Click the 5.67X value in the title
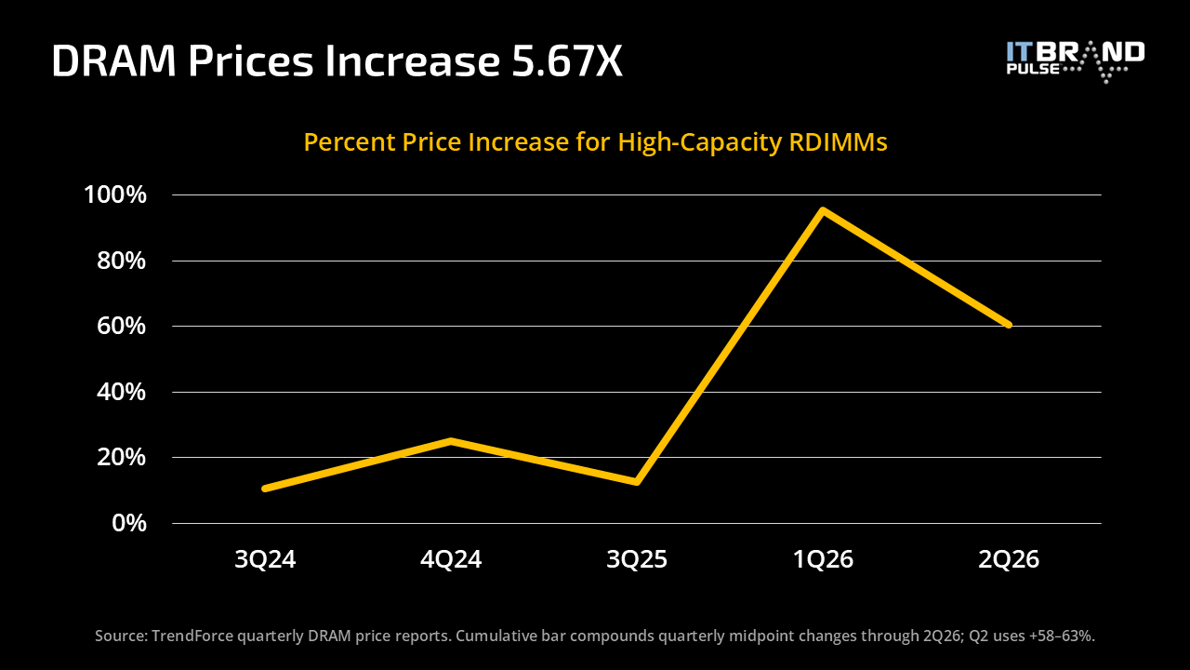tap(567, 61)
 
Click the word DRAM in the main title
tap(113, 61)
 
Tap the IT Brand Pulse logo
tap(1076, 61)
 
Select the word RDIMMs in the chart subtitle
tap(839, 142)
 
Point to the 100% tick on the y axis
tap(115, 194)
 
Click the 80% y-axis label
tap(121, 261)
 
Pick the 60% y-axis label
tap(121, 326)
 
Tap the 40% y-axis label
tap(121, 392)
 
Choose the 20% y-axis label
tap(121, 457)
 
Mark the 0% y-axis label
tap(129, 523)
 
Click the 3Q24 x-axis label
tap(265, 559)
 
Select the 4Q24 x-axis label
tap(451, 559)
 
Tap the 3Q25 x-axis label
tap(637, 559)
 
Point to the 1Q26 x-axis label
tap(823, 559)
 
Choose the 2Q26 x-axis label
tap(1009, 559)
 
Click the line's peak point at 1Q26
tap(823, 211)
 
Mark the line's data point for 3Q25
tap(637, 482)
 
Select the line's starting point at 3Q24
tap(265, 489)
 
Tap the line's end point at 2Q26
tap(1009, 325)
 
